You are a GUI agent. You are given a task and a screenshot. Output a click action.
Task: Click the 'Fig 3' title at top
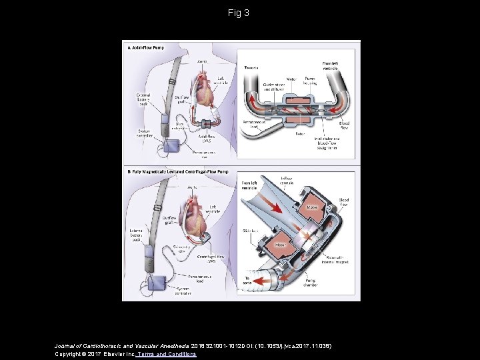(x=239, y=13)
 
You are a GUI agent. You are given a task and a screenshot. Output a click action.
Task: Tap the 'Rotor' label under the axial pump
(x=301, y=133)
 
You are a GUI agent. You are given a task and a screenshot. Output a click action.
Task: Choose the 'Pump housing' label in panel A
(x=311, y=80)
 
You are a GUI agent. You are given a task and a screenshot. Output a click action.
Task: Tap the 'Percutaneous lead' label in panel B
(x=206, y=274)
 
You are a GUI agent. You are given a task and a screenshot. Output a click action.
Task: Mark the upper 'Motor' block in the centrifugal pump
(x=311, y=207)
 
